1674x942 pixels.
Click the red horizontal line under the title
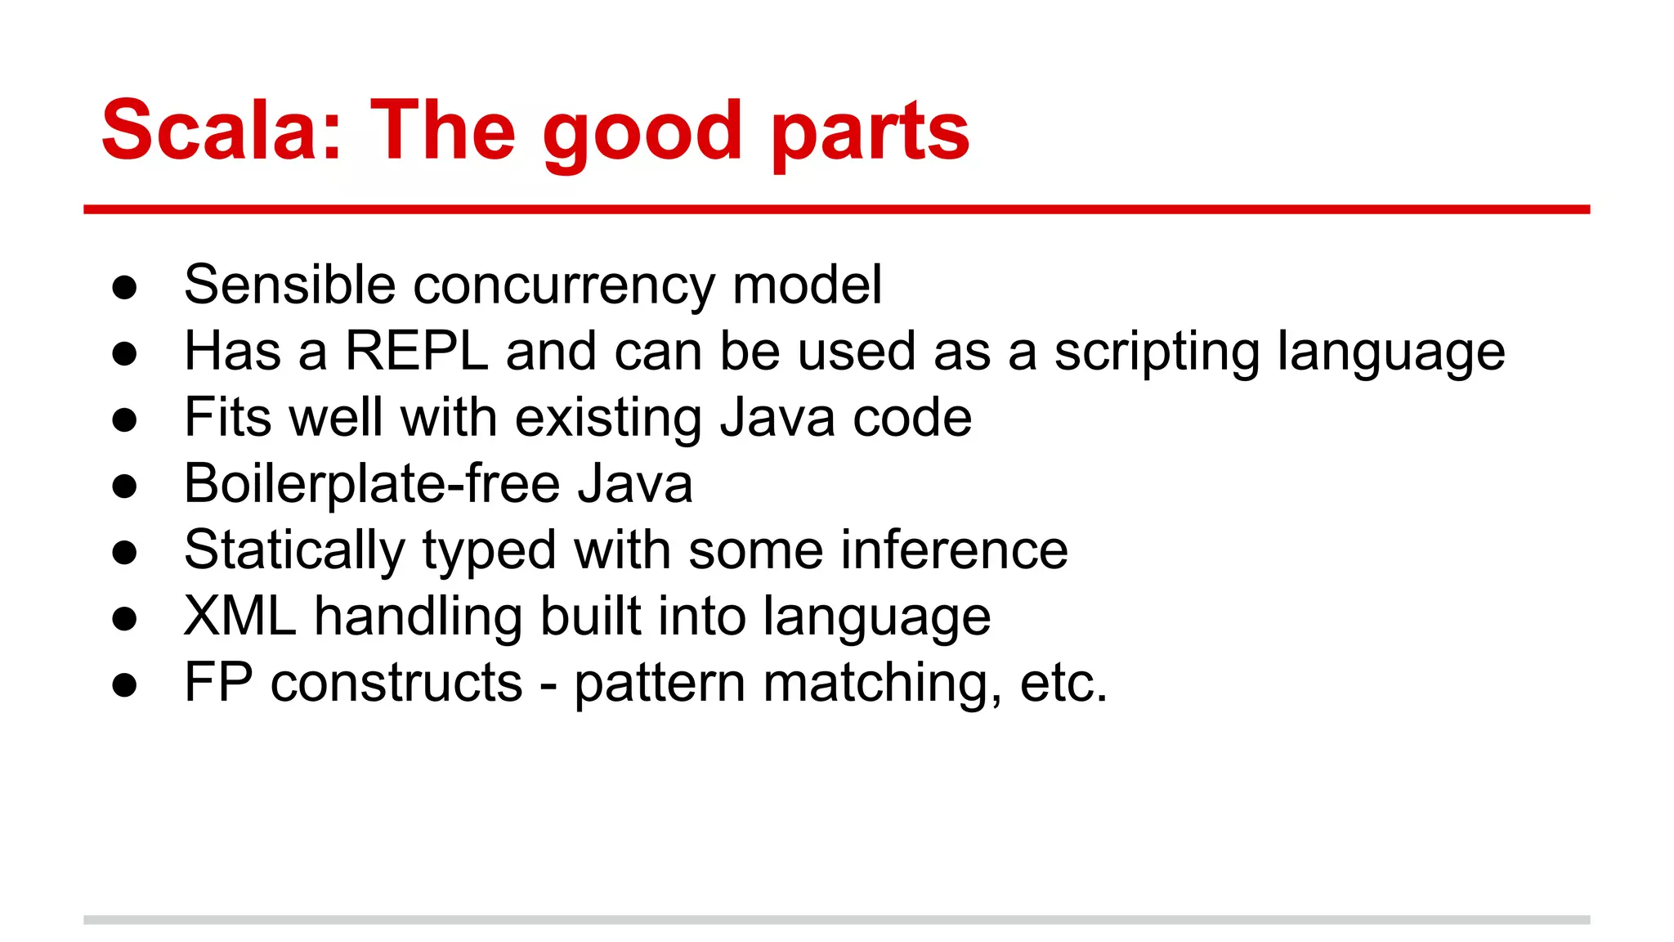(x=836, y=210)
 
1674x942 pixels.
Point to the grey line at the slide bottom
(x=836, y=920)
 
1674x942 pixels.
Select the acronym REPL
(x=417, y=352)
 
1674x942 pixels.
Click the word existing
(x=608, y=419)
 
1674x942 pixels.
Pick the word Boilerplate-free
(x=371, y=484)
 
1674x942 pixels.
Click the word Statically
(x=294, y=551)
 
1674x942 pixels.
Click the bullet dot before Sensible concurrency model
(x=124, y=288)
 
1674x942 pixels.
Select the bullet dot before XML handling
(x=124, y=619)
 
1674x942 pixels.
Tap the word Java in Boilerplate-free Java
(x=635, y=484)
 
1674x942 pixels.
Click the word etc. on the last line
(x=1063, y=684)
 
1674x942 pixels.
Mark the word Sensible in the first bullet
(x=289, y=285)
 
